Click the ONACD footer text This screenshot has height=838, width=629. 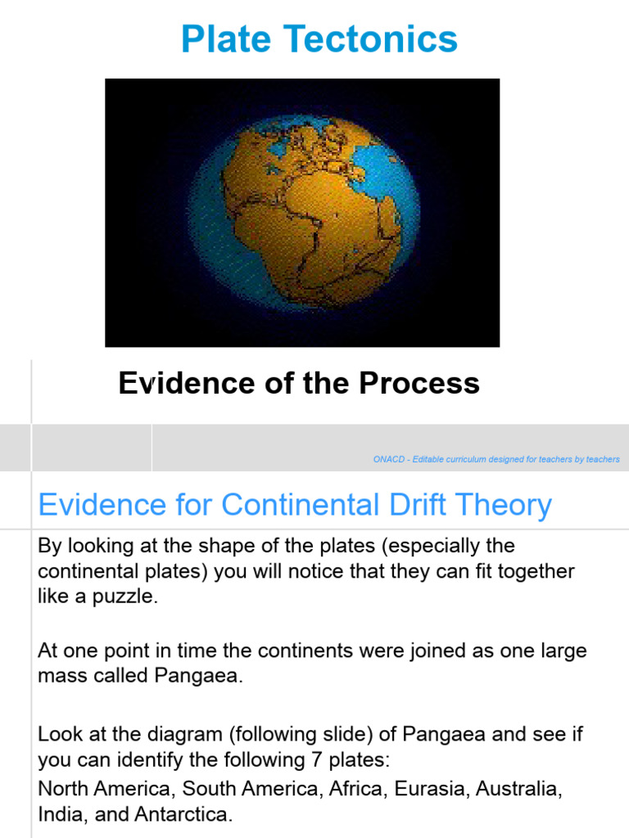point(496,460)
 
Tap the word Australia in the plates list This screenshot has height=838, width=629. point(519,791)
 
